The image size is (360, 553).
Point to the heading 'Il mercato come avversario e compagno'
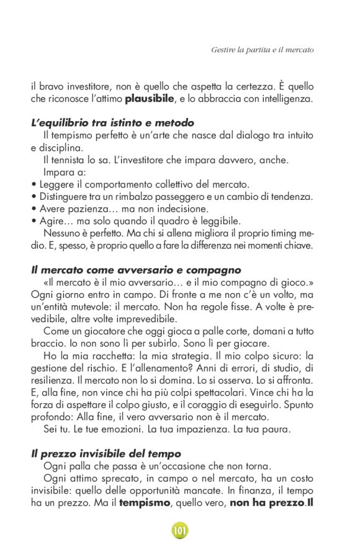click(135, 270)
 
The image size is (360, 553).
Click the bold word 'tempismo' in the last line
click(144, 502)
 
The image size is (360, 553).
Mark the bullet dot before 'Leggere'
click(34, 185)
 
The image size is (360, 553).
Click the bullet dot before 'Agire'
click(34, 221)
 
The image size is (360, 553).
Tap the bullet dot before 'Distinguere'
click(34, 197)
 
